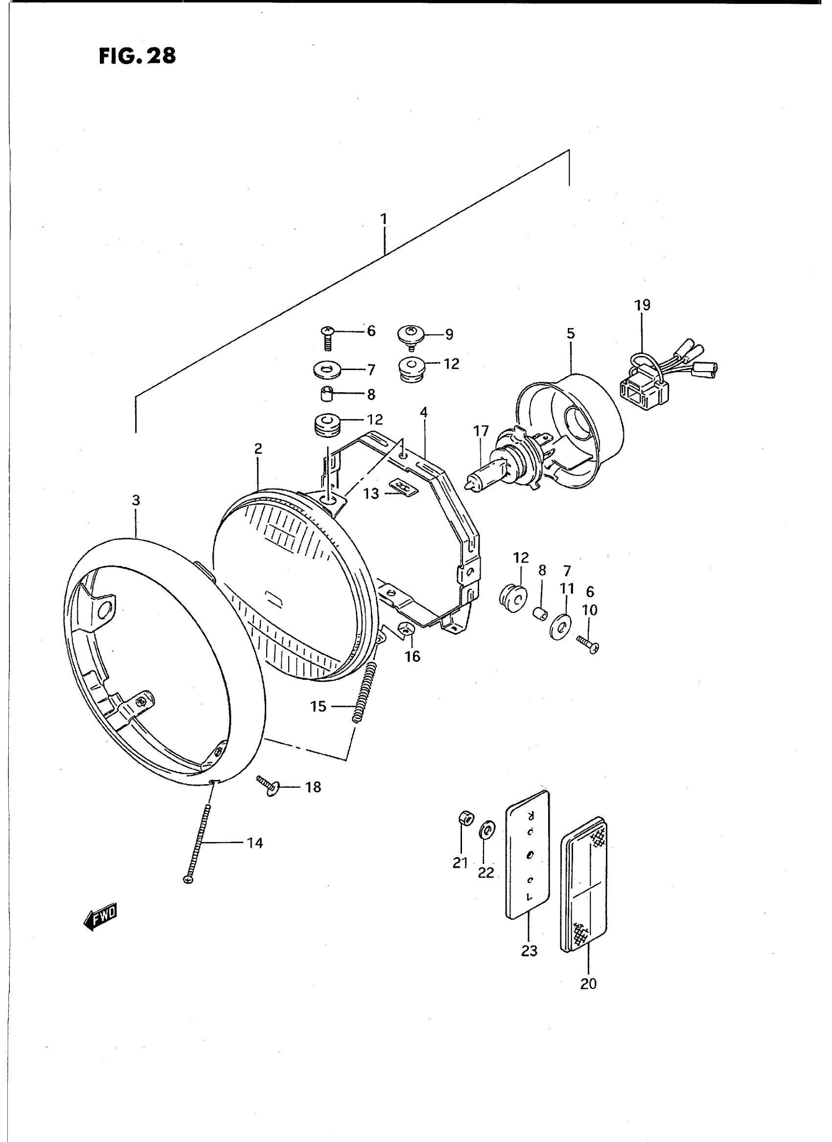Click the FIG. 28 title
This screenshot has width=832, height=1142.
(x=137, y=56)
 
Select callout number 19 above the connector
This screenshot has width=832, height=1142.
(x=642, y=305)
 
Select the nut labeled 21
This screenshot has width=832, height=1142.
(x=466, y=819)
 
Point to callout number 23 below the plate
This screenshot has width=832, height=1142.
(x=530, y=951)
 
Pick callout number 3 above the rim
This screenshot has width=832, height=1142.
(x=136, y=500)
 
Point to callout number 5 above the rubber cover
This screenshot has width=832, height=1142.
(x=570, y=333)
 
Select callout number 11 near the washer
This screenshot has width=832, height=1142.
(x=567, y=588)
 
